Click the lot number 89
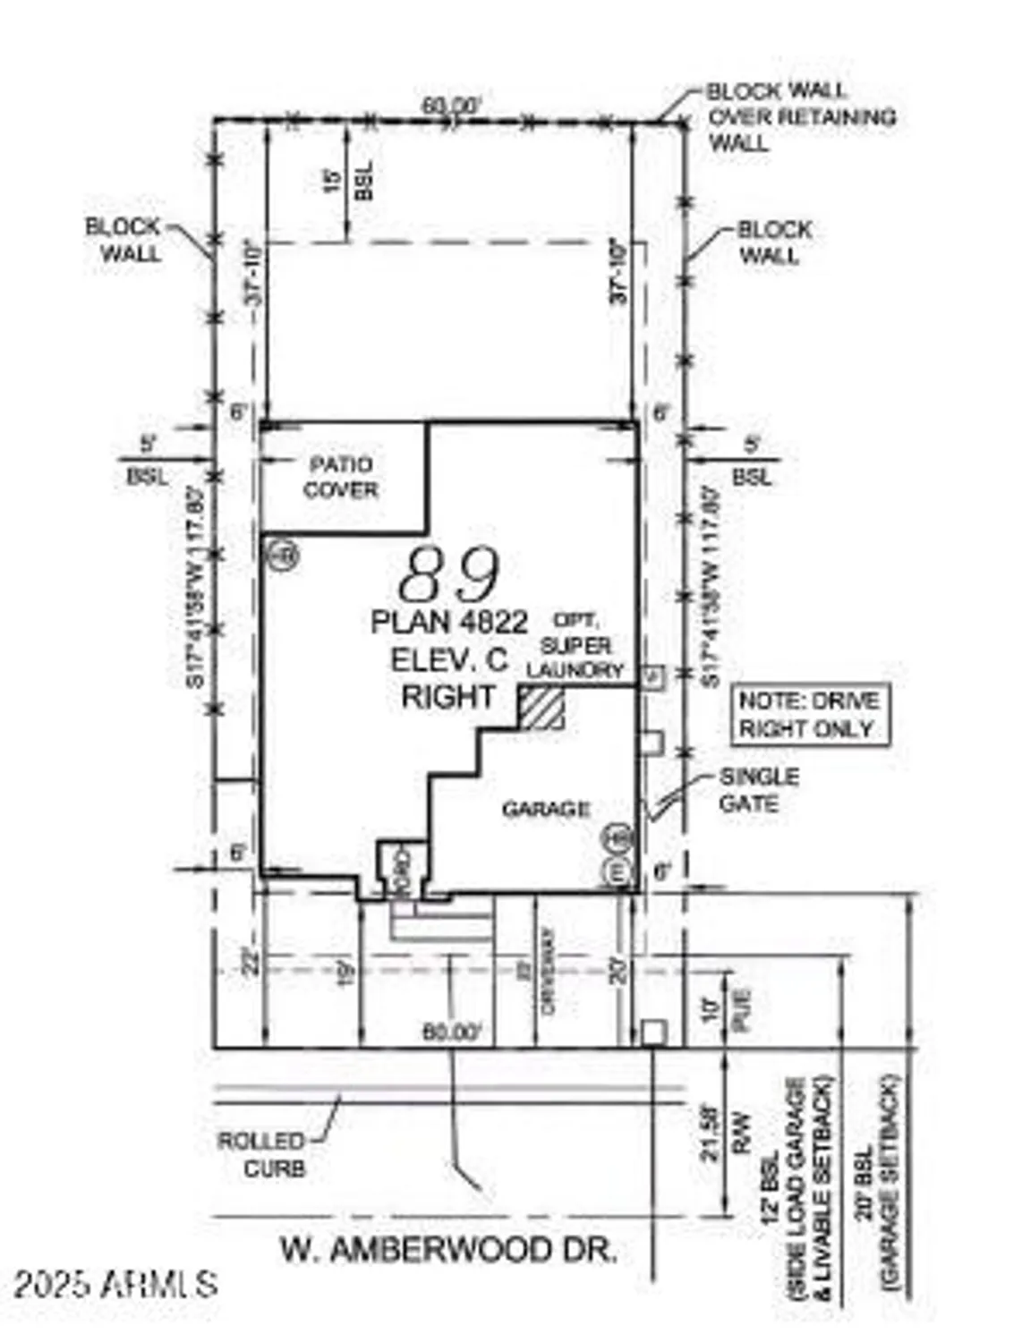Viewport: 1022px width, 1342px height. pos(449,574)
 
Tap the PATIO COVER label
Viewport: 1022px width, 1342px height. pos(340,477)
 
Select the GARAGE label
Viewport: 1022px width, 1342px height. pos(545,810)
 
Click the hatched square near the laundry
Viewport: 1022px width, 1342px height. pos(542,707)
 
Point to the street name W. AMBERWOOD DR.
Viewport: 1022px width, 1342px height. pos(449,1249)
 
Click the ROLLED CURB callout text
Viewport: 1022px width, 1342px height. pos(261,1154)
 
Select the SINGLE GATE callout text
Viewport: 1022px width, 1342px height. pos(759,790)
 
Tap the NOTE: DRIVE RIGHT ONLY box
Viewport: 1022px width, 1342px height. pos(808,714)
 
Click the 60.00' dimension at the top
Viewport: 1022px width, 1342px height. pos(452,106)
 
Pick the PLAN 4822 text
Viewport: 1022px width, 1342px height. pos(449,621)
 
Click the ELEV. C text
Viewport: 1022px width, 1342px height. pos(449,659)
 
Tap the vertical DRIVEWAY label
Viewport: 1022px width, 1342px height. pos(549,972)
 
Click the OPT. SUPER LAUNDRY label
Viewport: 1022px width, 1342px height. pos(575,645)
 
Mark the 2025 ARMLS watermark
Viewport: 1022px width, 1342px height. pos(115,1284)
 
